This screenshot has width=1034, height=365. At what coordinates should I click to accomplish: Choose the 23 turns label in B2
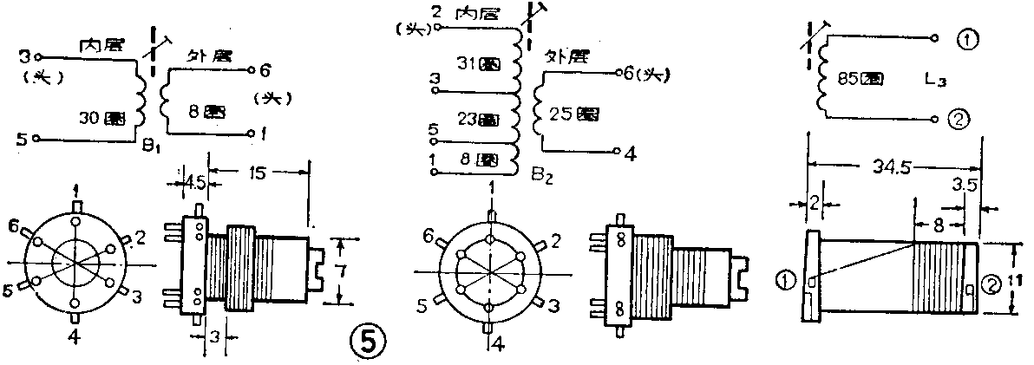pos(479,118)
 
